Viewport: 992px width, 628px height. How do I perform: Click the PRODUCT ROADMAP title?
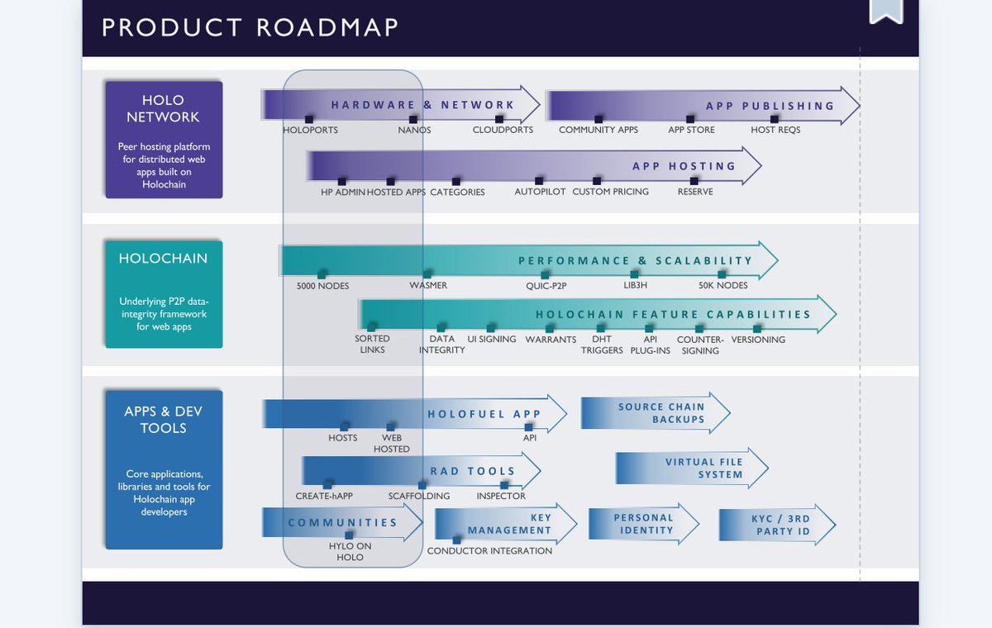pyautogui.click(x=250, y=26)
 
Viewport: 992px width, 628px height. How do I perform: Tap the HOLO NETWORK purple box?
pyautogui.click(x=164, y=140)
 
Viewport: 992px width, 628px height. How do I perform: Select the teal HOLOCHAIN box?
pyautogui.click(x=164, y=293)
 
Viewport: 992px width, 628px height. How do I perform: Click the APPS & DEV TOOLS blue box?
pyautogui.click(x=164, y=469)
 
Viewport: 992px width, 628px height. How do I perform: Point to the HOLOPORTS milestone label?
pyautogui.click(x=310, y=131)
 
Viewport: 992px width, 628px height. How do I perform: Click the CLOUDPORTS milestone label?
pyautogui.click(x=503, y=131)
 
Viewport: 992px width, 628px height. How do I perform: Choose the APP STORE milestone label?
pyautogui.click(x=691, y=131)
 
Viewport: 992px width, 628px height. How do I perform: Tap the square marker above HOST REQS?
pyautogui.click(x=775, y=119)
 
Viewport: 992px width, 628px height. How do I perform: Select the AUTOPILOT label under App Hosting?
pyautogui.click(x=540, y=192)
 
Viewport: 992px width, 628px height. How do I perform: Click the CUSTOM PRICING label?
pyautogui.click(x=610, y=192)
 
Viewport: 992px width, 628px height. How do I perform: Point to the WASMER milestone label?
pyautogui.click(x=428, y=286)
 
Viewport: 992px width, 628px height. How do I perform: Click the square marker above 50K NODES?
pyautogui.click(x=723, y=274)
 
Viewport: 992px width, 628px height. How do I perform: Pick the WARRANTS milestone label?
pyautogui.click(x=551, y=340)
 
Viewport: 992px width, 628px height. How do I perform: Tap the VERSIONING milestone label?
pyautogui.click(x=758, y=340)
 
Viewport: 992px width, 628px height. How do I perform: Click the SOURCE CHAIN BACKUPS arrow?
pyautogui.click(x=656, y=413)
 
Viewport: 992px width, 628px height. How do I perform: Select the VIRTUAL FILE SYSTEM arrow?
pyautogui.click(x=692, y=469)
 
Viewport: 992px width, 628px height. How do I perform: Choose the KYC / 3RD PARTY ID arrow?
pyautogui.click(x=777, y=525)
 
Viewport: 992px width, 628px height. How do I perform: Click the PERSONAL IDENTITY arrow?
pyautogui.click(x=643, y=525)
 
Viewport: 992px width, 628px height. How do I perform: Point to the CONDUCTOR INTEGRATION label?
pyautogui.click(x=489, y=551)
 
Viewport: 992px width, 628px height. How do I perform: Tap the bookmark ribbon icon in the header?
pyautogui.click(x=886, y=10)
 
